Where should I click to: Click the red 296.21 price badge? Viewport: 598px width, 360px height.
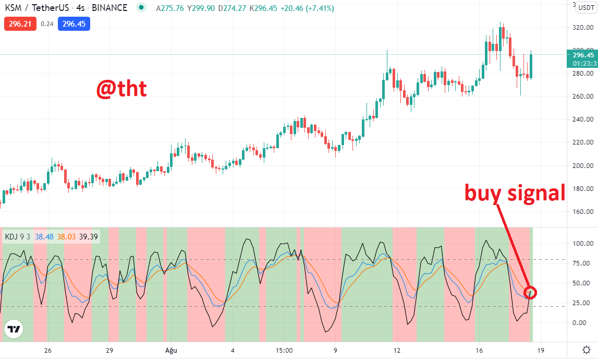click(20, 23)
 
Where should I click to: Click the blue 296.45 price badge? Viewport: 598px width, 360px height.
click(74, 23)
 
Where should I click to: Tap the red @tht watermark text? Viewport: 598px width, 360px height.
click(121, 88)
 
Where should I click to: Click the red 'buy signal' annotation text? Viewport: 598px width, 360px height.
click(515, 193)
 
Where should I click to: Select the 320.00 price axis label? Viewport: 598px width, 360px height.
click(583, 28)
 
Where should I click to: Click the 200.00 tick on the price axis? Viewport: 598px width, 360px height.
click(583, 166)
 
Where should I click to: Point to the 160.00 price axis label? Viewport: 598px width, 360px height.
click(583, 211)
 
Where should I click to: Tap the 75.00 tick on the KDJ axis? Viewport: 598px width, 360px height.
click(581, 263)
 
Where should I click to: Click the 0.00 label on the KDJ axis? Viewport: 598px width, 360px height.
click(579, 323)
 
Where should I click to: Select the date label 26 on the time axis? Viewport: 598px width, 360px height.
click(47, 351)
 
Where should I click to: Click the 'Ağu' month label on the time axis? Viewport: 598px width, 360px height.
click(171, 351)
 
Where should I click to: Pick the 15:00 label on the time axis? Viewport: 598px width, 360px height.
click(284, 351)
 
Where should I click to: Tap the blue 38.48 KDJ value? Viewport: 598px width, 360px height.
click(44, 237)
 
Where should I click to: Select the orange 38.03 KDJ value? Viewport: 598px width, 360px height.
click(66, 237)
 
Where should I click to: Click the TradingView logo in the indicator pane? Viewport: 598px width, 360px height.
click(14, 329)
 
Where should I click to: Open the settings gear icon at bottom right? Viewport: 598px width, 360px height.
click(587, 350)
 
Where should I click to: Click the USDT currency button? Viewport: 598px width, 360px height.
click(586, 7)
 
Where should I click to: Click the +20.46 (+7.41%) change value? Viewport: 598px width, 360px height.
click(307, 8)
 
